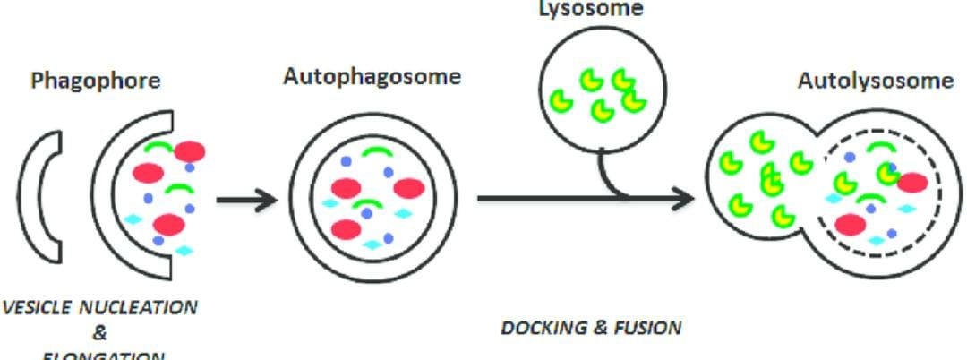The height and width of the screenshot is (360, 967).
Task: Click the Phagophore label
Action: tap(96, 81)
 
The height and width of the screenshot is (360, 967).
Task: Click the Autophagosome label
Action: tap(372, 76)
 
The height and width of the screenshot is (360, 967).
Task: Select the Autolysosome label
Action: tap(875, 81)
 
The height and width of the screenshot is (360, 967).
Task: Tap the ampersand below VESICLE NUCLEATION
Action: tap(99, 332)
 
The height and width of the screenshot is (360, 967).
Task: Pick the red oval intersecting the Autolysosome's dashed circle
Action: tap(911, 183)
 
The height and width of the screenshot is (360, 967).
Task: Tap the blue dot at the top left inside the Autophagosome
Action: tap(345, 162)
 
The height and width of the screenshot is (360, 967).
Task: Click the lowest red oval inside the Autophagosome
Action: tap(346, 229)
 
